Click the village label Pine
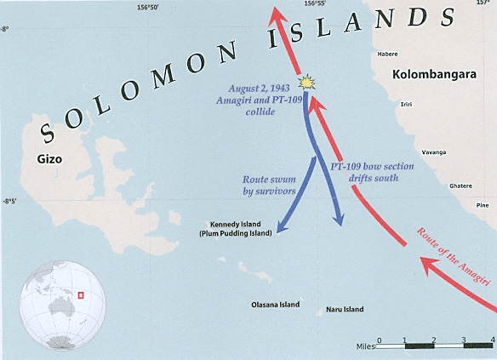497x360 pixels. (483, 204)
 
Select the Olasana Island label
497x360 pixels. (276, 304)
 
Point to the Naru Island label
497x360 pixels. (345, 310)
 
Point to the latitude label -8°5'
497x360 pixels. (10, 202)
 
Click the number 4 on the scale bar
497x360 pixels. (492, 339)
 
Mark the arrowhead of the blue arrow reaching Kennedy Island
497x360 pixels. (280, 230)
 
